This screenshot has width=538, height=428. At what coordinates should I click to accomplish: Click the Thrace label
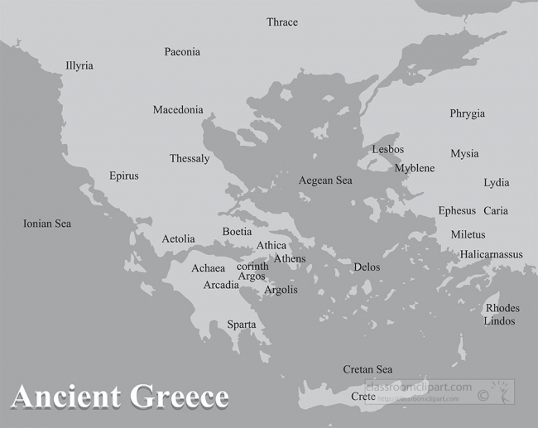click(x=282, y=22)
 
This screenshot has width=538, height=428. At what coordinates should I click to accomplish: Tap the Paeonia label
click(x=182, y=52)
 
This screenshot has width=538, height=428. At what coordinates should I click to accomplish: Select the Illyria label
click(x=79, y=66)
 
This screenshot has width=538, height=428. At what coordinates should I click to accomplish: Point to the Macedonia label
click(x=178, y=110)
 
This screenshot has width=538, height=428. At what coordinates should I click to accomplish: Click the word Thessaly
click(x=190, y=159)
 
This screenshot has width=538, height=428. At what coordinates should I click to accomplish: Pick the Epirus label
click(x=124, y=176)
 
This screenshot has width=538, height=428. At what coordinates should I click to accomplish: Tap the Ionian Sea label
click(x=47, y=224)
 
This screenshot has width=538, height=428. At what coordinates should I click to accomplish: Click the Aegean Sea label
click(x=325, y=180)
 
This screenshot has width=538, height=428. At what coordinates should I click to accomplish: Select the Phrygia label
click(x=468, y=114)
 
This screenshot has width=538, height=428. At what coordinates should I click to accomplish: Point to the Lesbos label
click(x=388, y=150)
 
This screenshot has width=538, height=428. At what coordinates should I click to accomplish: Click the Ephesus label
click(x=458, y=211)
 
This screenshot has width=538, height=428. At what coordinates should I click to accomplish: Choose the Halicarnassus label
click(x=492, y=255)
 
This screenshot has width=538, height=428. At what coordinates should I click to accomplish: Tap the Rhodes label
click(x=502, y=309)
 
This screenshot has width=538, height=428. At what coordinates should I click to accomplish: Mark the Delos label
click(x=367, y=267)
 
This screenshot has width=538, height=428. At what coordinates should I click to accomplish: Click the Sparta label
click(x=242, y=325)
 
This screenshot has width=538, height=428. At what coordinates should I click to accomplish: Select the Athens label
click(x=290, y=259)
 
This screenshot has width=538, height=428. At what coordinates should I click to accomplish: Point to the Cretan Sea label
click(x=367, y=370)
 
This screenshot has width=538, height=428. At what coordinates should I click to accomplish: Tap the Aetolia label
click(x=178, y=239)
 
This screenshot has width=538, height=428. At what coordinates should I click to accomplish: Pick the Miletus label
click(x=468, y=235)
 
